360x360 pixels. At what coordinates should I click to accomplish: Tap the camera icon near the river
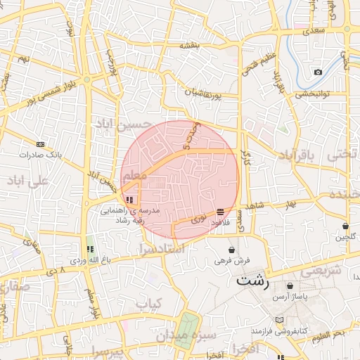coord(319,72)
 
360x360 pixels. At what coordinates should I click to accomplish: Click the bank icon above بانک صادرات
coord(40,143)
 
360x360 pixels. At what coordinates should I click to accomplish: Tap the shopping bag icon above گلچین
coord(346,226)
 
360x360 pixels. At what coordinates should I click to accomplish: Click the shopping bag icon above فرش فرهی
coord(232,250)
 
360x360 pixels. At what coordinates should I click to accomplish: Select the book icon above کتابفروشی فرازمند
coord(280,320)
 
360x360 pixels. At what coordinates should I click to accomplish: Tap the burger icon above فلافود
coord(221,212)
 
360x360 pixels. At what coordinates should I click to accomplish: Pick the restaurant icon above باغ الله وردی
coord(89,249)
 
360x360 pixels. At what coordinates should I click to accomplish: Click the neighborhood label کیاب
coord(148,304)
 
